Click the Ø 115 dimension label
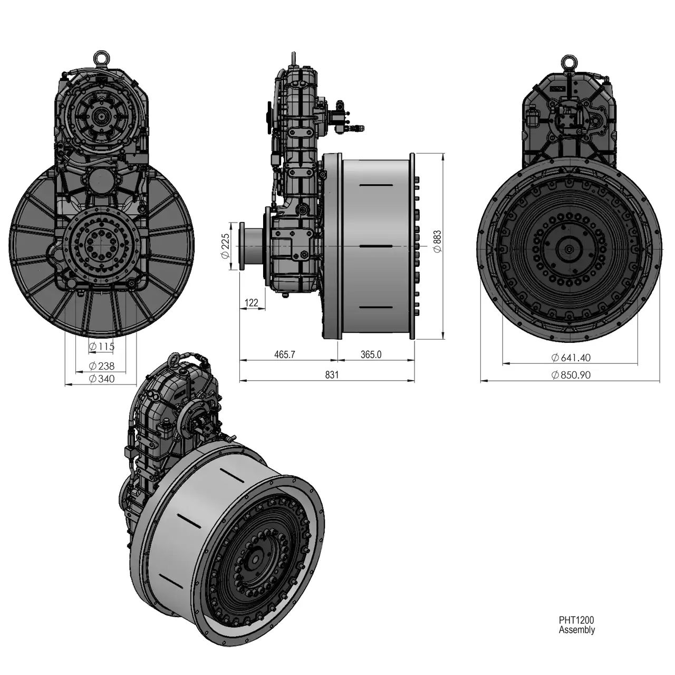tap(102, 346)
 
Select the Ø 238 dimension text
tap(102, 366)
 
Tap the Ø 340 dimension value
tap(102, 379)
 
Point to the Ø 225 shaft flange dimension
tap(225, 246)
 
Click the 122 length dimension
tap(251, 303)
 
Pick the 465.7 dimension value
tap(284, 354)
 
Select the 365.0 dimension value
tap(371, 354)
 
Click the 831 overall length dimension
tap(332, 375)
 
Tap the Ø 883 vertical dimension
tap(437, 242)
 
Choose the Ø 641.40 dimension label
tap(571, 358)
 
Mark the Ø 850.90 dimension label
tap(571, 375)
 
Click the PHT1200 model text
tap(576, 620)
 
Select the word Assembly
tap(576, 630)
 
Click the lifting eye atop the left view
tap(101, 57)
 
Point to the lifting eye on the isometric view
tap(175, 360)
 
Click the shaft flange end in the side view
tap(242, 246)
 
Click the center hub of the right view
tap(569, 249)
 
